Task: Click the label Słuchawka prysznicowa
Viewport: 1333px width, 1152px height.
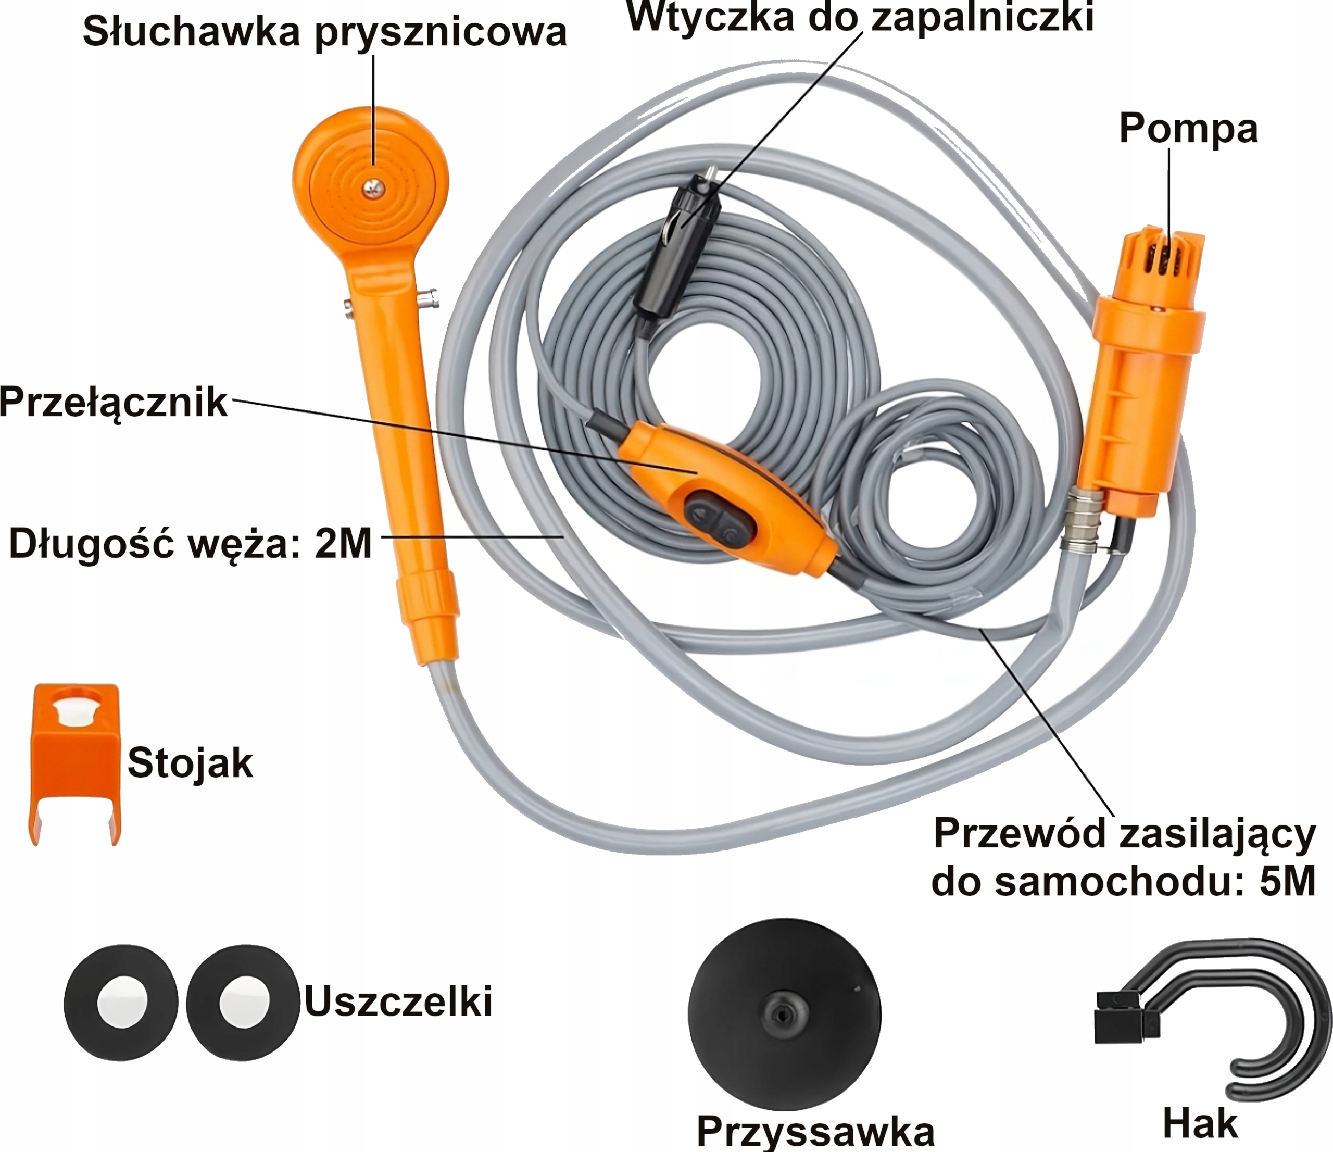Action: click(x=324, y=32)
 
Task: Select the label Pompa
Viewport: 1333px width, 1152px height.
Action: click(x=1188, y=128)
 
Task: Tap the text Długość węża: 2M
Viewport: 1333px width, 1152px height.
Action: click(x=191, y=543)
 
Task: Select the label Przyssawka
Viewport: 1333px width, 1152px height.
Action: click(x=814, y=1130)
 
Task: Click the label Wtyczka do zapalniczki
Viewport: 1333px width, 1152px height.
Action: click(x=860, y=16)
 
